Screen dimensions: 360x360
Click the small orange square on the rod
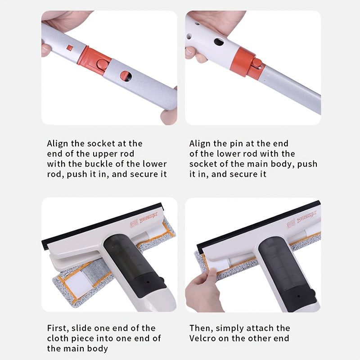click(70, 48)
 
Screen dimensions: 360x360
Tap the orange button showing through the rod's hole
click(125, 76)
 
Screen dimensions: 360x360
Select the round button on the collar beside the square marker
click(103, 64)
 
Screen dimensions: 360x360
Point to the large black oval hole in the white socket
click(219, 42)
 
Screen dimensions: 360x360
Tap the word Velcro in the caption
click(202, 338)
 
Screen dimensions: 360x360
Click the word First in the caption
click(58, 328)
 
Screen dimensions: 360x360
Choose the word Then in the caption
click(201, 328)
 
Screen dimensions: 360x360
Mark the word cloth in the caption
click(58, 338)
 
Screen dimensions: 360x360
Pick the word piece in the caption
click(82, 339)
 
